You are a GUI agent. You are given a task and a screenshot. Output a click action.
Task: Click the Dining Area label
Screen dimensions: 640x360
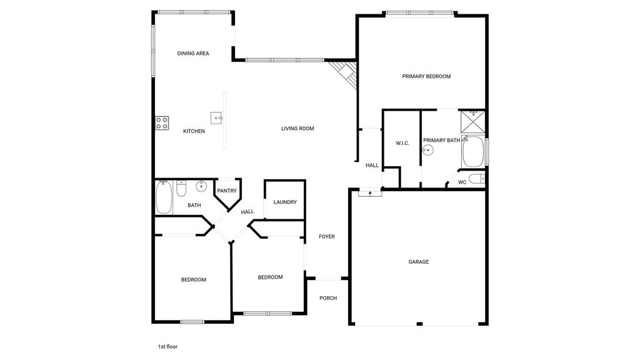(x=193, y=54)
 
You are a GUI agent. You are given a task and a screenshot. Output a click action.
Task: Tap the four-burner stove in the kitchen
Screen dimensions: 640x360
(x=162, y=123)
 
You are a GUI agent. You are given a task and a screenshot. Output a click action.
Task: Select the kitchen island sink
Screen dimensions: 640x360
(x=216, y=118)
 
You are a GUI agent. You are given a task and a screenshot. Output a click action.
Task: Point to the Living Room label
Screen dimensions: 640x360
(x=297, y=129)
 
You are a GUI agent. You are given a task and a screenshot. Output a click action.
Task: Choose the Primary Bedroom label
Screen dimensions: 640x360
(x=426, y=76)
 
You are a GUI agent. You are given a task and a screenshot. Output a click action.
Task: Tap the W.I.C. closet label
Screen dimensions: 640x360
(x=402, y=143)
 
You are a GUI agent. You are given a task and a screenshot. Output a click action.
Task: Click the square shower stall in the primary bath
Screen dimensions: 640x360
(x=472, y=122)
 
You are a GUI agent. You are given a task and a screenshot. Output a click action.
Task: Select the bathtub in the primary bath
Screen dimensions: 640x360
(x=473, y=151)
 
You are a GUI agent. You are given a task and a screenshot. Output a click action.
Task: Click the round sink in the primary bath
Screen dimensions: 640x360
(x=427, y=150)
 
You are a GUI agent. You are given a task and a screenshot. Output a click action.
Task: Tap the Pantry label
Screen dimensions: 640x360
(x=227, y=191)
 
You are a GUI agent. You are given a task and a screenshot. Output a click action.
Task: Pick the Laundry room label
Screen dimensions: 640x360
(x=285, y=202)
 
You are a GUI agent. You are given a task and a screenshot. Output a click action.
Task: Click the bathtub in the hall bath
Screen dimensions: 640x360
(x=164, y=197)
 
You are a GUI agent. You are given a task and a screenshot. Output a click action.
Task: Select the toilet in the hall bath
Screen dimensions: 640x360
(x=181, y=188)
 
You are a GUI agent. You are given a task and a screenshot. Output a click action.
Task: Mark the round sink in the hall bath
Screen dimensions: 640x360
(x=201, y=186)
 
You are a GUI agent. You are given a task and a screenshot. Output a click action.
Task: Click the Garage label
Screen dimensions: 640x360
(x=419, y=262)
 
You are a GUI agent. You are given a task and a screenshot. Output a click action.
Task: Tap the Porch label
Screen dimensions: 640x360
(x=328, y=298)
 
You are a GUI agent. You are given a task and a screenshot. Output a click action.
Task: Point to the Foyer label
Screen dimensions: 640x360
(x=327, y=237)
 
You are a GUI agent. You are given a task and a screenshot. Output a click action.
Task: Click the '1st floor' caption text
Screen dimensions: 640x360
(x=167, y=347)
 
